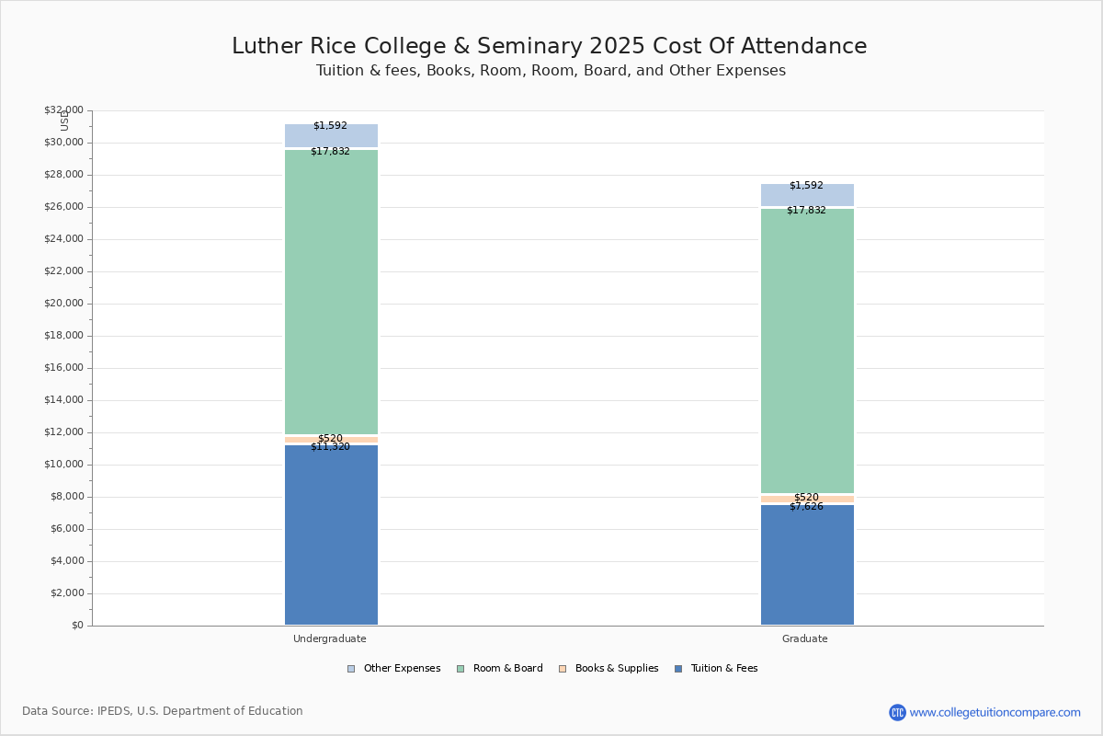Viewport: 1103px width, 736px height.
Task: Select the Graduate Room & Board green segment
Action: (x=807, y=350)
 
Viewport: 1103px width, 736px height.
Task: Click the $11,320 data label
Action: (x=330, y=447)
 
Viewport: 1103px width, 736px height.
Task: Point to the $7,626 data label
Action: (x=806, y=507)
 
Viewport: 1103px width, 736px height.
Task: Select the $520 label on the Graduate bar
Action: (x=806, y=497)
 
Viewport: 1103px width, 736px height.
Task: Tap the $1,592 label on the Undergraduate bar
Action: (x=330, y=126)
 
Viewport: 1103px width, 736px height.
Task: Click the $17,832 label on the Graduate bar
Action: (x=806, y=211)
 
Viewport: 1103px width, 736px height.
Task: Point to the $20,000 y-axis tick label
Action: (x=63, y=304)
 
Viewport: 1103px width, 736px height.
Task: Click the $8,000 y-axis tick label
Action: (x=66, y=497)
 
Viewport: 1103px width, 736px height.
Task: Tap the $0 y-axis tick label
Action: (x=76, y=626)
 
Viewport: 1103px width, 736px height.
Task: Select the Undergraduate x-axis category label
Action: (x=330, y=638)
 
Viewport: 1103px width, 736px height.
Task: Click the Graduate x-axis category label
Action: (x=805, y=638)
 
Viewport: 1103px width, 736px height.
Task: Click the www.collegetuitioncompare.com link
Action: (x=995, y=712)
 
